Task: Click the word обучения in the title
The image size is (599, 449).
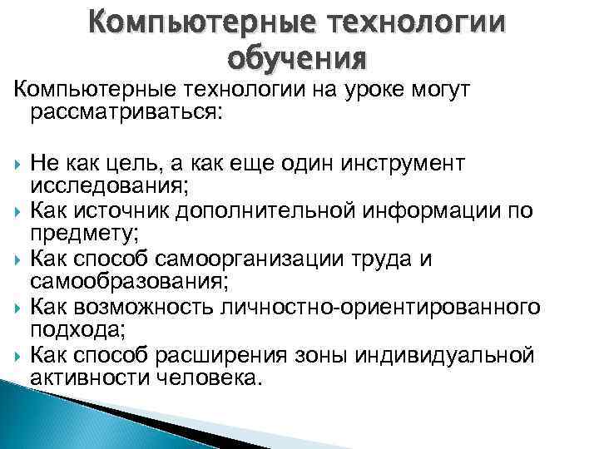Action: [295, 58]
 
